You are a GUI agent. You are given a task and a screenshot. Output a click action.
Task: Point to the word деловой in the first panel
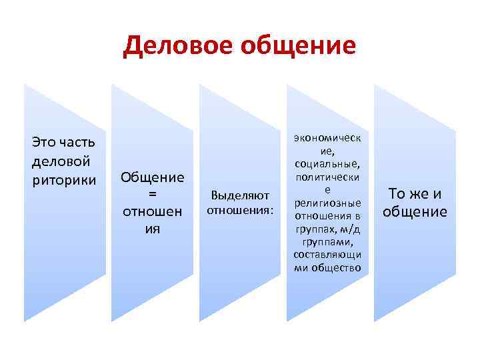click(61, 161)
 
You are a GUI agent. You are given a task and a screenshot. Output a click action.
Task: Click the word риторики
click(64, 179)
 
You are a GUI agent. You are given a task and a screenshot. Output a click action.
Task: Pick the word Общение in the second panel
click(152, 177)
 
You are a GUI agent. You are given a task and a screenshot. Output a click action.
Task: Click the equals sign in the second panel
click(152, 194)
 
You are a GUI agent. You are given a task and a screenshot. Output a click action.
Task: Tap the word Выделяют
click(240, 196)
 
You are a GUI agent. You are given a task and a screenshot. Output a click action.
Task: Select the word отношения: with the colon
click(240, 211)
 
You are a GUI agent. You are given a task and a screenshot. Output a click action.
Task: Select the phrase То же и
click(415, 194)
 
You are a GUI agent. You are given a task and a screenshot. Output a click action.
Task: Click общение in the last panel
click(415, 212)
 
